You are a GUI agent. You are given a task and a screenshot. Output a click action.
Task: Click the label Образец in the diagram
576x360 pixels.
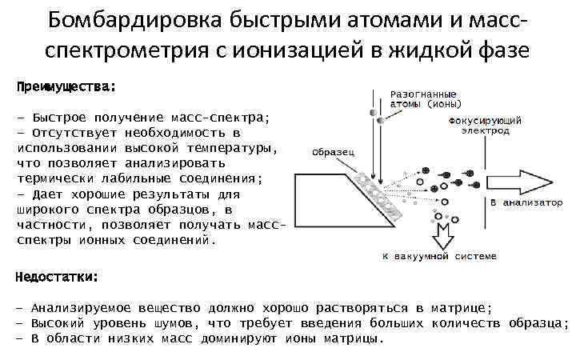(x=334, y=151)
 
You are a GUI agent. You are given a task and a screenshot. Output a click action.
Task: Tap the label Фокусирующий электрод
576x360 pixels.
(x=486, y=125)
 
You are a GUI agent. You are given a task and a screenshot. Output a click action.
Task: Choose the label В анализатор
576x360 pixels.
(x=526, y=202)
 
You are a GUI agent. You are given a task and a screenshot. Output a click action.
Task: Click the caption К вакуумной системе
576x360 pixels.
(x=439, y=256)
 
